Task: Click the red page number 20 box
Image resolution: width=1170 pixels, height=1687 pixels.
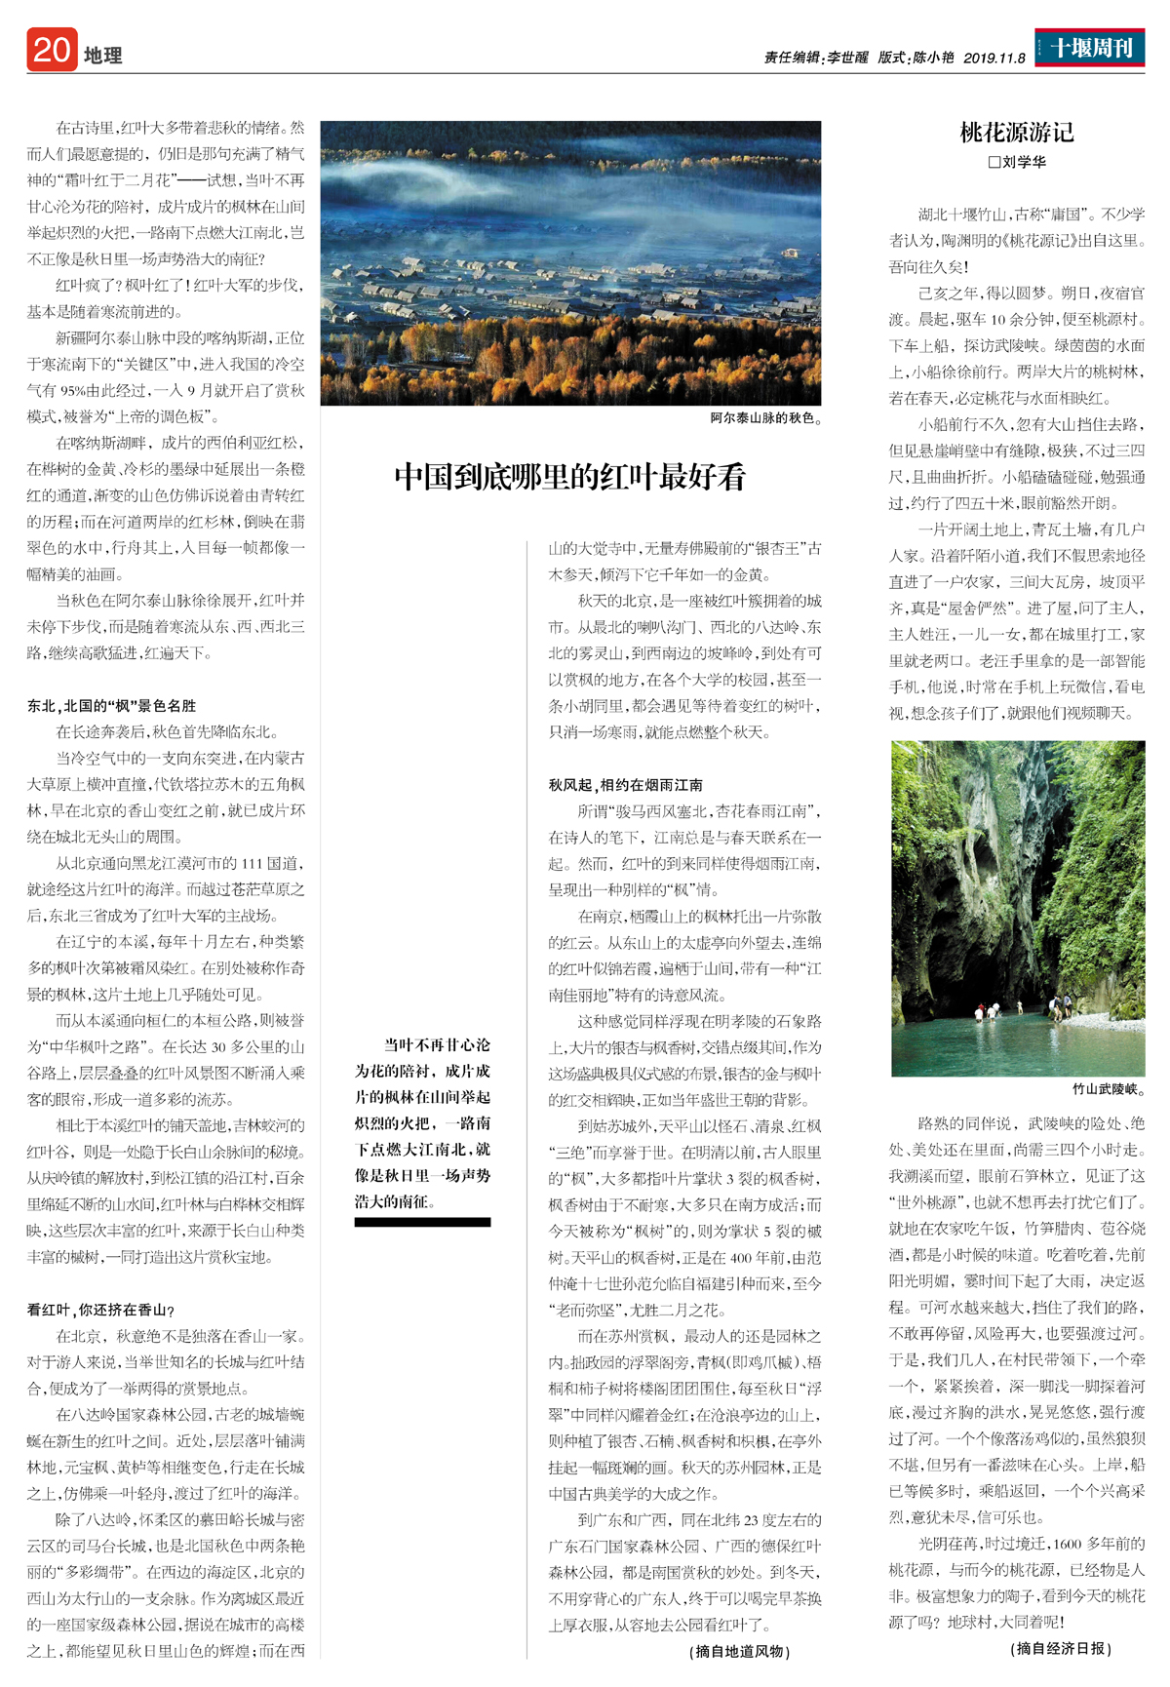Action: [x=51, y=50]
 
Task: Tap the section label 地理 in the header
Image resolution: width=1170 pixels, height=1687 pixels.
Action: [x=102, y=56]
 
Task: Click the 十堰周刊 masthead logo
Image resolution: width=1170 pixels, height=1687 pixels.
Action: [x=1090, y=47]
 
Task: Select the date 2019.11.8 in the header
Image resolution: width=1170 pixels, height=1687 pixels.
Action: [x=994, y=59]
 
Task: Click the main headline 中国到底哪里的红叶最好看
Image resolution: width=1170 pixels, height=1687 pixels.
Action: [x=570, y=477]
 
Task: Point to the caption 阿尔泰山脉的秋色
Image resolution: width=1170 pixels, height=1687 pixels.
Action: [x=765, y=418]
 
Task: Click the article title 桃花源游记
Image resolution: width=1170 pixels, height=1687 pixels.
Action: [x=1017, y=132]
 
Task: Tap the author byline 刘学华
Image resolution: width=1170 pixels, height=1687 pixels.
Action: [x=1024, y=162]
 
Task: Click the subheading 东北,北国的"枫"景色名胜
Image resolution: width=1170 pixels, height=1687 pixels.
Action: [x=111, y=705]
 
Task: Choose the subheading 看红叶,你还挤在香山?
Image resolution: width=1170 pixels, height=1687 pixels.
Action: [x=101, y=1310]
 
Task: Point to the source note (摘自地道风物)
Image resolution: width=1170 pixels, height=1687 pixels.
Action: [x=741, y=1651]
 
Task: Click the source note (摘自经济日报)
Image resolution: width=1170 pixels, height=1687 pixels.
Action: [x=1061, y=1648]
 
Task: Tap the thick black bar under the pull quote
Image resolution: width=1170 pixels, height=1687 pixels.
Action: [x=422, y=1222]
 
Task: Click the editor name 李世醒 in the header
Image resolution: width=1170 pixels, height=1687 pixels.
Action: [x=847, y=59]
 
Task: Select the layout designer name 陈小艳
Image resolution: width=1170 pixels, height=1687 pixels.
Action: [x=933, y=59]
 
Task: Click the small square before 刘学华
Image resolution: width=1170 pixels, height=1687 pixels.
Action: [x=994, y=163]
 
